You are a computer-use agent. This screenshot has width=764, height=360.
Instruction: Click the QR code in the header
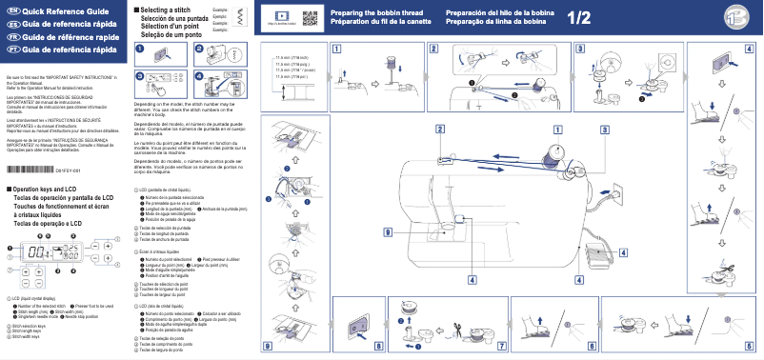coord(310,17)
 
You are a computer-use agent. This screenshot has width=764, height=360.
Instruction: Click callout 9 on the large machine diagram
coord(389,232)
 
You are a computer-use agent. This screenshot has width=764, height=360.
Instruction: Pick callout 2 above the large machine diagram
coord(440,129)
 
